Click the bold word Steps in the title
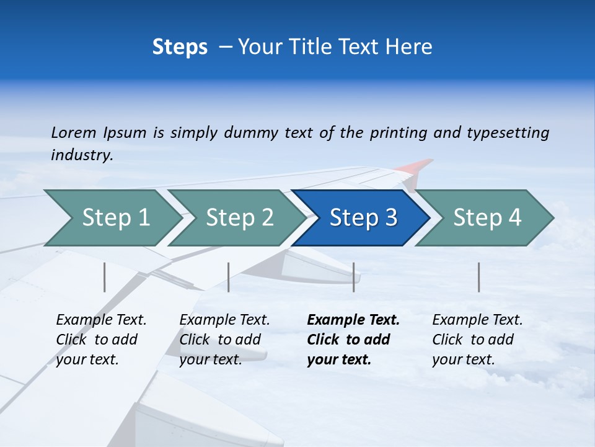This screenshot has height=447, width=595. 180,47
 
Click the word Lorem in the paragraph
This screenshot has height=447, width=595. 74,132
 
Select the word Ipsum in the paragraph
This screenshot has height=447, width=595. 125,132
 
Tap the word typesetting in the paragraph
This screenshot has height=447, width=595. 508,132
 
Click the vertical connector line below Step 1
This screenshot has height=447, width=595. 105,277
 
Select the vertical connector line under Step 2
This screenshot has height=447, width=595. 229,277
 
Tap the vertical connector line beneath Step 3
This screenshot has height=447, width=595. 353,277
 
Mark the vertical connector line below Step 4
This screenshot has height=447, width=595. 478,277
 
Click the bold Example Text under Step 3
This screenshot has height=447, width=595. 353,320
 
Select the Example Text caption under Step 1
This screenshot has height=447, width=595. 101,320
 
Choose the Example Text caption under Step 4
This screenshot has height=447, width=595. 477,320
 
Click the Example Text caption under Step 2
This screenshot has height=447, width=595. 224,320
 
